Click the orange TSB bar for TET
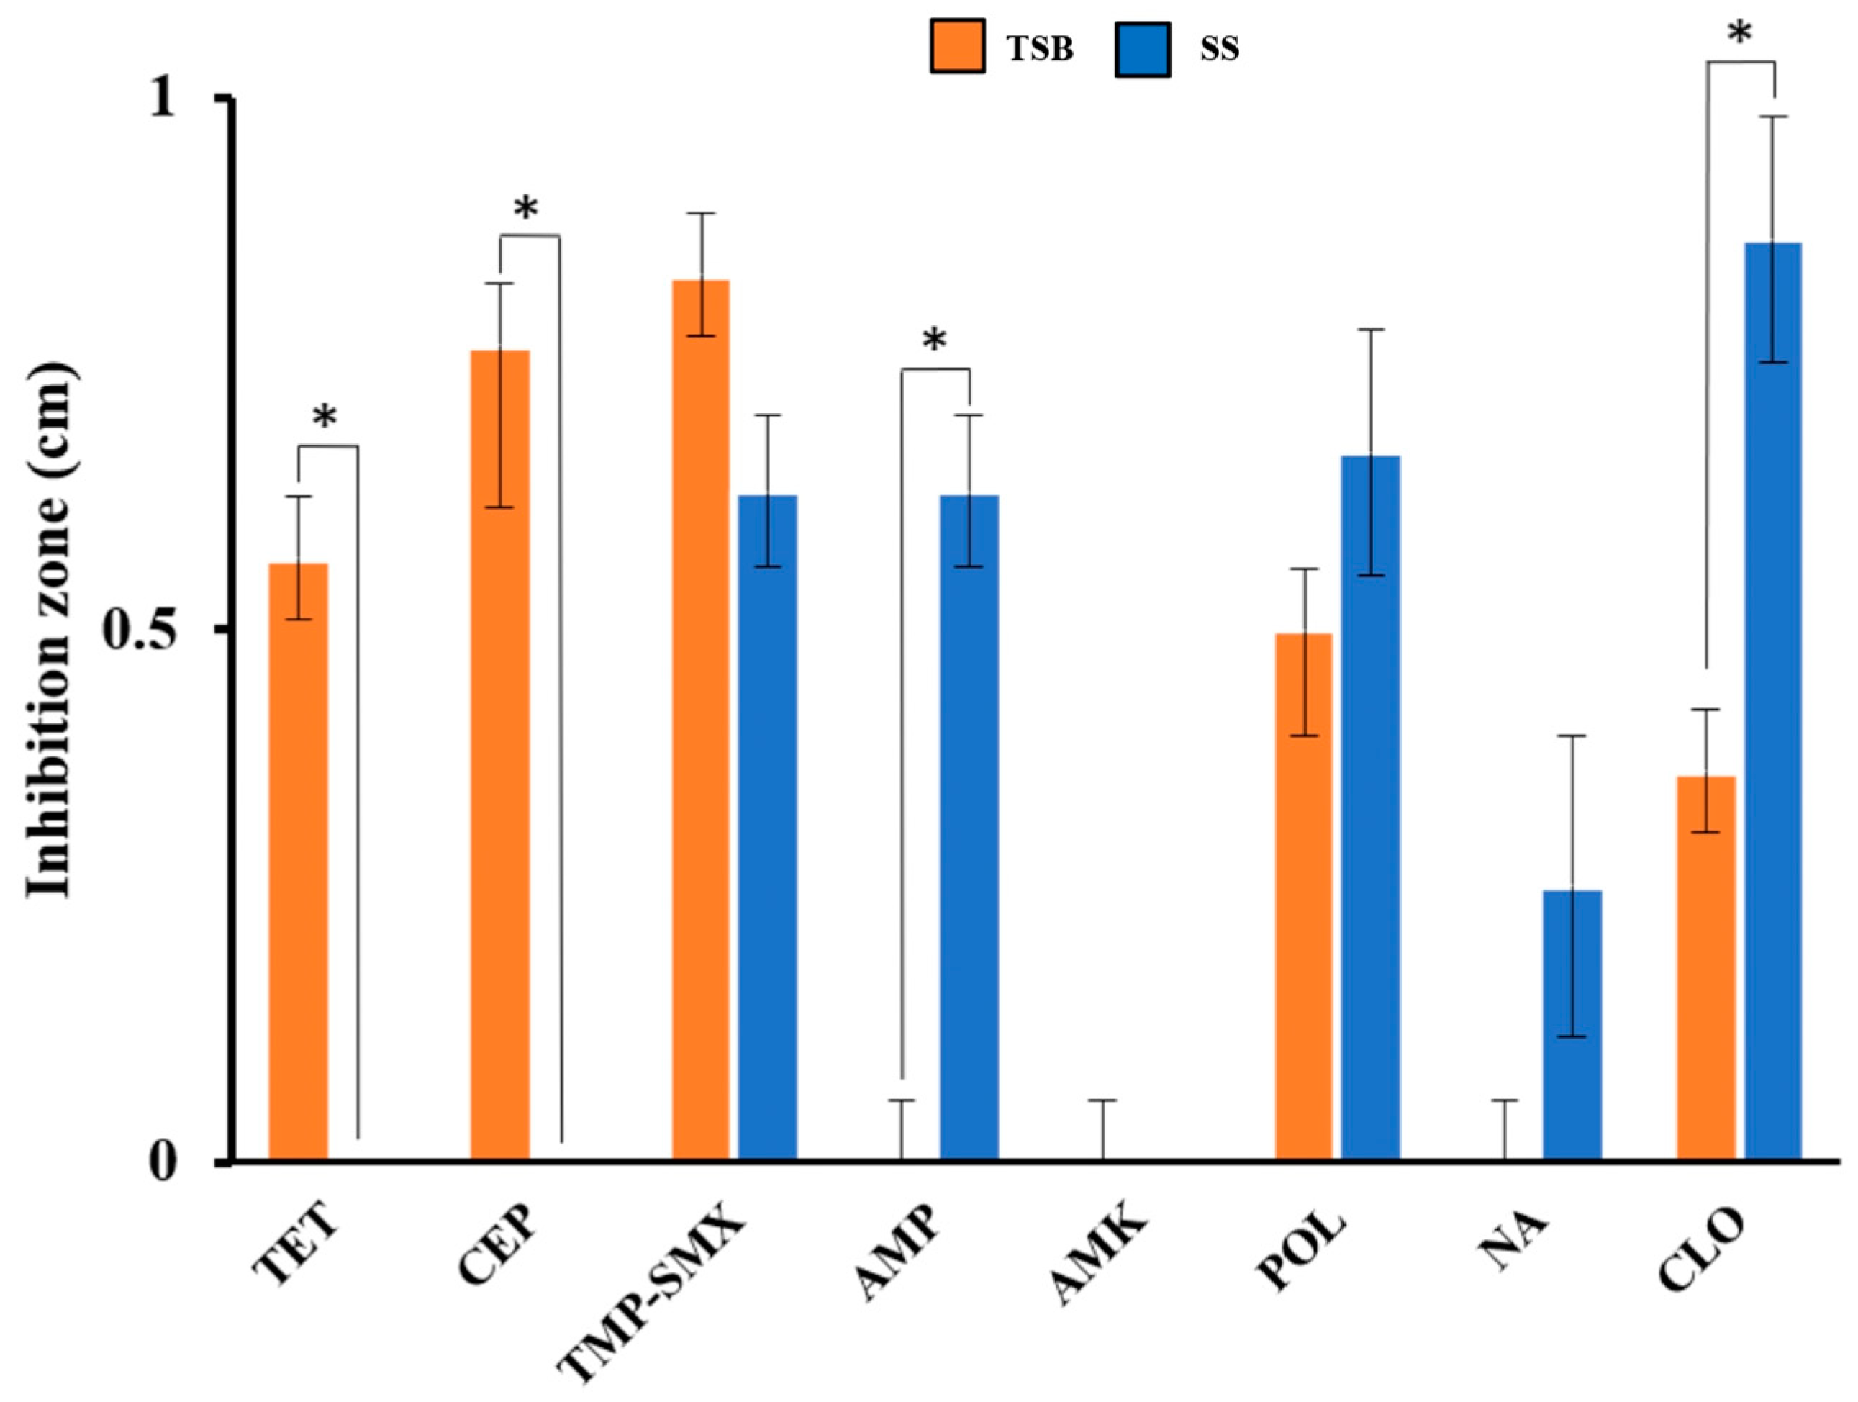[x=297, y=861]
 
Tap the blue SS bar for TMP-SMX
[x=767, y=828]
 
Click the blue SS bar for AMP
[x=969, y=828]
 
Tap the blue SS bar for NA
[x=1572, y=1025]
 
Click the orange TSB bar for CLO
[x=1705, y=968]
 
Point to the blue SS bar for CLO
[x=1772, y=702]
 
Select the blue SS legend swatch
[x=1142, y=50]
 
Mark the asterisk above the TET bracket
[x=325, y=417]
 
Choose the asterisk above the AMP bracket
[x=934, y=341]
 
